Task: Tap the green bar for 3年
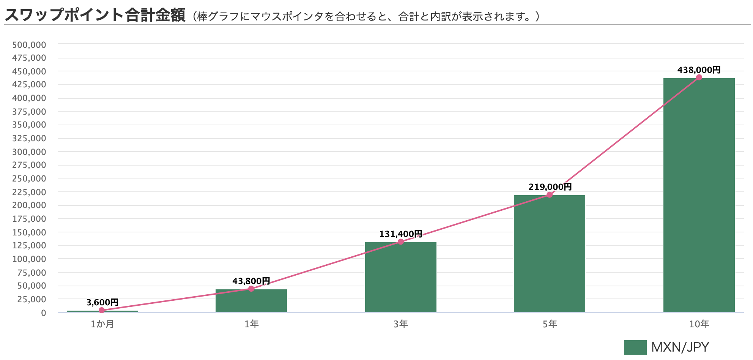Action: tap(400, 277)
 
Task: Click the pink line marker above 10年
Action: tap(699, 77)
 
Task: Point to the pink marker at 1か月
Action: tap(102, 310)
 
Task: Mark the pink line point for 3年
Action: tap(400, 242)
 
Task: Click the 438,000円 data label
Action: tap(699, 70)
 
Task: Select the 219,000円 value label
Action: tap(550, 187)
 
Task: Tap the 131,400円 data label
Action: tap(401, 234)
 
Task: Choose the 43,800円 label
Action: tap(251, 281)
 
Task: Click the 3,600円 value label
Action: tap(102, 302)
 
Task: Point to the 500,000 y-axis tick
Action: tap(29, 45)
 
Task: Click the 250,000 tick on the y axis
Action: tap(29, 178)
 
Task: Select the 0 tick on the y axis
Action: tap(44, 313)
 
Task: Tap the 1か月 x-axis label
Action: tap(102, 324)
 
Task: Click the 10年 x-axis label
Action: tap(699, 324)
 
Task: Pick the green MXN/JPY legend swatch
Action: tap(635, 347)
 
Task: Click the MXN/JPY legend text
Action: tap(680, 347)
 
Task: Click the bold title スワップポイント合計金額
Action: tap(95, 15)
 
